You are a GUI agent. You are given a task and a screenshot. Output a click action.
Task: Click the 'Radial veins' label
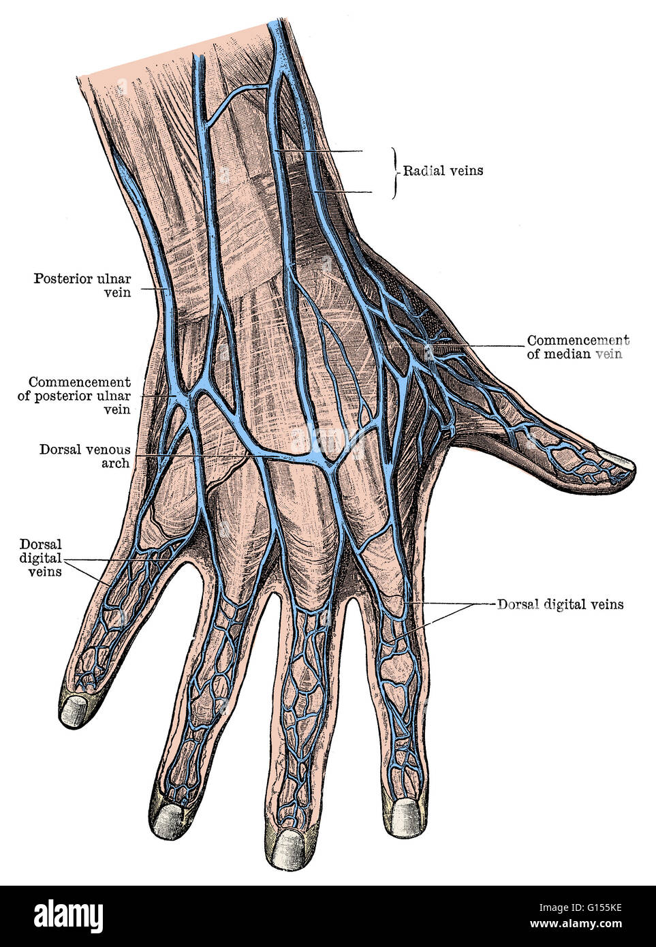[443, 171]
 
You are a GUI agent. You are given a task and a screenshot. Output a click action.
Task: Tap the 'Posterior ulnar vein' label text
[82, 285]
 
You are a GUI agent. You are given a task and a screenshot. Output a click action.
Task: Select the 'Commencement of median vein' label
[578, 347]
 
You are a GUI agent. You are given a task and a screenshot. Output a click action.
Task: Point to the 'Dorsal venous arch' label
[85, 456]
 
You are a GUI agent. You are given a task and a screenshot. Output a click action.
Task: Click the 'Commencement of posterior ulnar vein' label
[74, 396]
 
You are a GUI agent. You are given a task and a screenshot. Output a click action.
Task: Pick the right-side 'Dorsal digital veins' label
[560, 604]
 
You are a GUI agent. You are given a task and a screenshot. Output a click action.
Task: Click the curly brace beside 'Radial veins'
[395, 173]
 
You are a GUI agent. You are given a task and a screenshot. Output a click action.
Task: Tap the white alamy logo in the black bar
[68, 914]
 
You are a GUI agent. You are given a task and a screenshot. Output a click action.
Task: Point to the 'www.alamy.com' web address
[576, 924]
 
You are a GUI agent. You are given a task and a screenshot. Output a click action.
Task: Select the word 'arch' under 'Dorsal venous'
[116, 463]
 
